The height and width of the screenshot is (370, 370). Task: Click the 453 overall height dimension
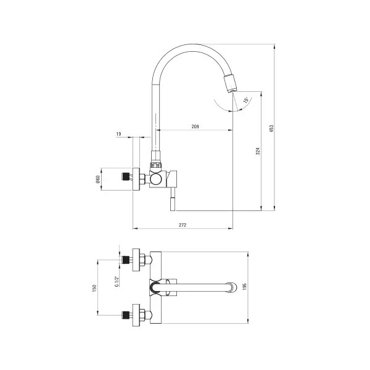pos(271,128)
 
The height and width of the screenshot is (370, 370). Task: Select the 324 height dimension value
pos(258,151)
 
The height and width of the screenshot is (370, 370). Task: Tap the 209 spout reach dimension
pos(195,126)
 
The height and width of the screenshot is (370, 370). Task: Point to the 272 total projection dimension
pos(183,225)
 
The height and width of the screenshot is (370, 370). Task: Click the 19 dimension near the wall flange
pos(118,134)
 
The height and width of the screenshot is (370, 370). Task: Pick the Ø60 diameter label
pos(97,180)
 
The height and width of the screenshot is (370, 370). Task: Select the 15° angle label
pos(245,100)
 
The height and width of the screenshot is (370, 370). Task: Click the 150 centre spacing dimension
pos(94,288)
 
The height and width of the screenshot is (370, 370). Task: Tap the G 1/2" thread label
pos(117,281)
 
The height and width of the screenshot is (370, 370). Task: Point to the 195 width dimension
pos(244,287)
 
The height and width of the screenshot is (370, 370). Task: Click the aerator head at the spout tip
pos(230,83)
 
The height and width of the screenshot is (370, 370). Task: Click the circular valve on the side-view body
pos(155,179)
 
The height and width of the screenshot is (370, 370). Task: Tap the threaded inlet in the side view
pos(126,177)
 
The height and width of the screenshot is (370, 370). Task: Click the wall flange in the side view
pos(136,179)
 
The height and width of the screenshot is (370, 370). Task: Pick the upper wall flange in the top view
pos(136,260)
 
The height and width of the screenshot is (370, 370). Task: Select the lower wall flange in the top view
pos(136,315)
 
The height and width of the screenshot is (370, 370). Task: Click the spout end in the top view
pos(232,287)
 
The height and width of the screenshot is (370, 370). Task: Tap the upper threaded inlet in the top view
pos(126,260)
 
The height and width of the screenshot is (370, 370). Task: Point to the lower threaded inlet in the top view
pos(126,315)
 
